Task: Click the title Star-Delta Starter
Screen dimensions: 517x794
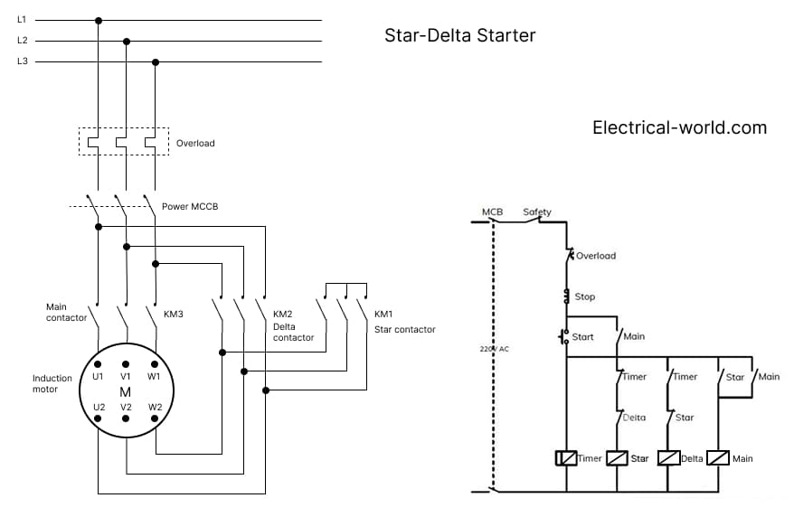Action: (x=459, y=36)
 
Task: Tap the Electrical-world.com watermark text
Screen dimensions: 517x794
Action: (x=679, y=127)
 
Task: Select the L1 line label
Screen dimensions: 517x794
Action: (x=23, y=20)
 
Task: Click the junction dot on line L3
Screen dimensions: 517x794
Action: (x=156, y=62)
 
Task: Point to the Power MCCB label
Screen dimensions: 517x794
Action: (x=190, y=207)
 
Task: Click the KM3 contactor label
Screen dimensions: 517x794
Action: (x=173, y=315)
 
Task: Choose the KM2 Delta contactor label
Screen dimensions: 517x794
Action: (x=293, y=325)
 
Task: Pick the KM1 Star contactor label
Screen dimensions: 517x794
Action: (x=404, y=322)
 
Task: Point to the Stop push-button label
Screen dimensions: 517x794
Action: (x=584, y=296)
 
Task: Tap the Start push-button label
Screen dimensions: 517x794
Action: (x=583, y=337)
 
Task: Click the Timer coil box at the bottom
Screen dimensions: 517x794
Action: (x=566, y=458)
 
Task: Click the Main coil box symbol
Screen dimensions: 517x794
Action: (x=718, y=458)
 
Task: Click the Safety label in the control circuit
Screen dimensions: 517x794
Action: (x=537, y=212)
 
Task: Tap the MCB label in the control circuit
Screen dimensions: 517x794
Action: (x=492, y=212)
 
